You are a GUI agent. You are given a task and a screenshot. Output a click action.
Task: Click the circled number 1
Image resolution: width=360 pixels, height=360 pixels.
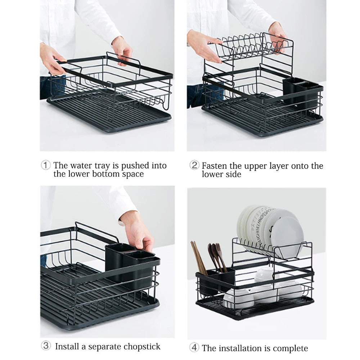[x=45, y=165]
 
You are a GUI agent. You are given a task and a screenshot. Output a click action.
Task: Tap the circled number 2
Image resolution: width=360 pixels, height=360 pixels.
[x=194, y=165]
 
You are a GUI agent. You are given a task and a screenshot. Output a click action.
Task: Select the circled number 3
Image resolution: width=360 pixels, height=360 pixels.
[x=45, y=346]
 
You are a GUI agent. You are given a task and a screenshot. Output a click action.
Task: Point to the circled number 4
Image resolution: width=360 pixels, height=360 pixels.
[x=194, y=348]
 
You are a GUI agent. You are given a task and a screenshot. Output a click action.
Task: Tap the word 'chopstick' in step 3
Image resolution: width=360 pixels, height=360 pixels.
[x=142, y=346]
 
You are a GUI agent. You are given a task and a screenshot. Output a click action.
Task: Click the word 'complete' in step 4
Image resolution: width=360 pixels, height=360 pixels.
[x=290, y=348]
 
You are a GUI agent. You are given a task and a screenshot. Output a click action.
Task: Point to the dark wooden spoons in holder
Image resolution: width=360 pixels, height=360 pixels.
[x=217, y=256]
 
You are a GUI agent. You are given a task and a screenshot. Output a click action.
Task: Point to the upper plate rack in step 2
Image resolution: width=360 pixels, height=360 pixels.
[x=252, y=49]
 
